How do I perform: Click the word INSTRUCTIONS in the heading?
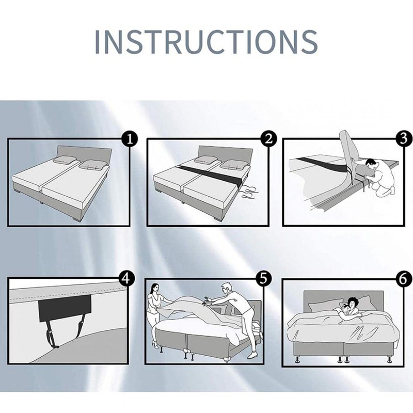click(206, 42)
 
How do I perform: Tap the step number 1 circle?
click(130, 139)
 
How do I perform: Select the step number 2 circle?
click(268, 139)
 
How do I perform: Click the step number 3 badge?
click(404, 138)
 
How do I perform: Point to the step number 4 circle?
click(126, 278)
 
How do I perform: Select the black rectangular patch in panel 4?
click(65, 309)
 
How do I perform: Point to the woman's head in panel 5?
click(155, 288)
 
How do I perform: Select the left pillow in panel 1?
click(65, 160)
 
